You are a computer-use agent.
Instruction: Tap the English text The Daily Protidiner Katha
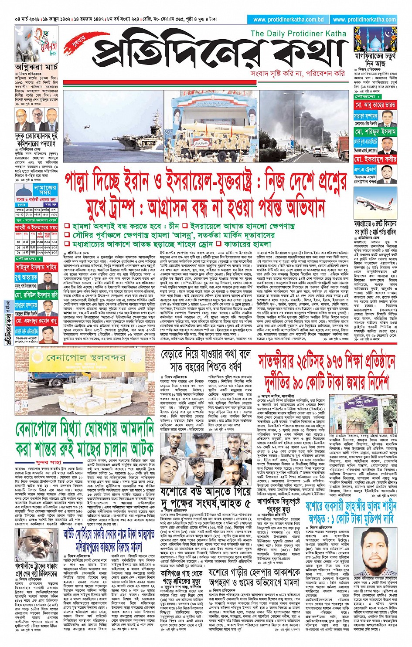tap(298, 34)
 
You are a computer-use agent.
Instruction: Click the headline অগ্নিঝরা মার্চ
tap(37, 67)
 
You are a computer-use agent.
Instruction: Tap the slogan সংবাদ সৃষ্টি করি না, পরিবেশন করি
tap(297, 74)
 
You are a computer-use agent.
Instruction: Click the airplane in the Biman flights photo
tap(375, 203)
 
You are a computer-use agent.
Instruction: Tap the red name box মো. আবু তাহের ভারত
tap(375, 105)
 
